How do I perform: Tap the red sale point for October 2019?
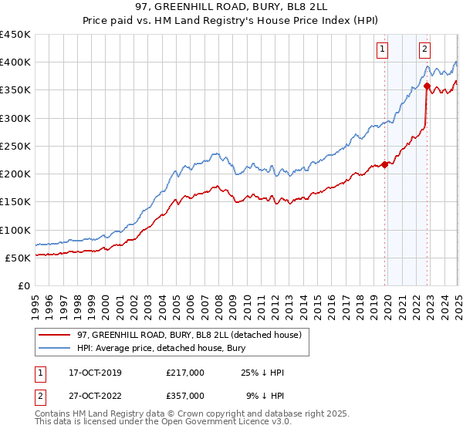coord(384,164)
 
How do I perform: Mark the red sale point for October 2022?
coord(427,86)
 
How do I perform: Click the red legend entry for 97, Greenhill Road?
coord(194,334)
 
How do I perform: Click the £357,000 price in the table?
coord(185,396)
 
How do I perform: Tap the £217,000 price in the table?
coord(185,373)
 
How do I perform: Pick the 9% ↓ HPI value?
coord(265,396)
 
